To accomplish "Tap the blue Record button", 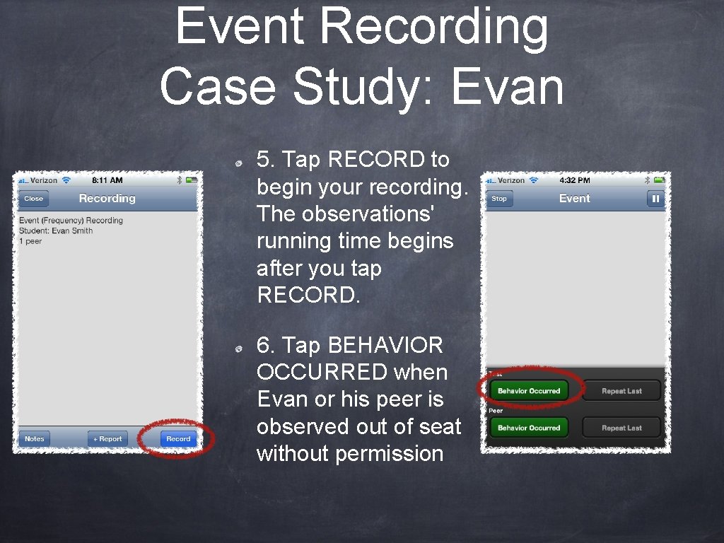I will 178,438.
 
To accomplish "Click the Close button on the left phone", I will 33,199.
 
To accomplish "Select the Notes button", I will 34,438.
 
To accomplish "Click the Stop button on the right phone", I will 499,199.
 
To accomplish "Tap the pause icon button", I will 655,199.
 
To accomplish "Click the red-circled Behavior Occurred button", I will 529,390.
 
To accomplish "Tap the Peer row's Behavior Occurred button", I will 529,427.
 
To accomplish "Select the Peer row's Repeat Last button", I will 621,427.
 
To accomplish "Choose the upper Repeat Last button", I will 621,390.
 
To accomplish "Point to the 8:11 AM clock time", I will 107,180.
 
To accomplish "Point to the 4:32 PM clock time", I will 574,180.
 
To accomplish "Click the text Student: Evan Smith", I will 56,230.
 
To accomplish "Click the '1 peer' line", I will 30,241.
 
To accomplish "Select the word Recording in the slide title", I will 433,27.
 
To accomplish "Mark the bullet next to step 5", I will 240,163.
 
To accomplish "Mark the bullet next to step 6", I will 240,349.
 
